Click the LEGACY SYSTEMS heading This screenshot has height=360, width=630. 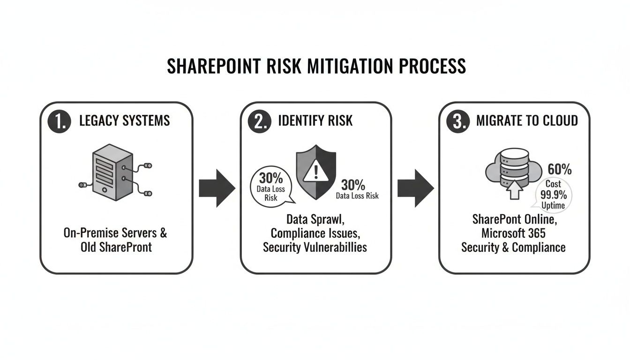124,120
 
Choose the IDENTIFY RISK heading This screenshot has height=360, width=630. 315,120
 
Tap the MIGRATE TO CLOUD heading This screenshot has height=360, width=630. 527,120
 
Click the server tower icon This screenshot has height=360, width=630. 111,172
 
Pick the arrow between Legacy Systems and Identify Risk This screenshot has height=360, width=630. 217,188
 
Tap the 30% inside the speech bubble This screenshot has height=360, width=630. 271,179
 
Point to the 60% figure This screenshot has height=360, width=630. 559,169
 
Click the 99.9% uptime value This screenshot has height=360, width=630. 554,195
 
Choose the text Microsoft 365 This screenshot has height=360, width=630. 513,233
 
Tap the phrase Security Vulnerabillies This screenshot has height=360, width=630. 315,247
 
